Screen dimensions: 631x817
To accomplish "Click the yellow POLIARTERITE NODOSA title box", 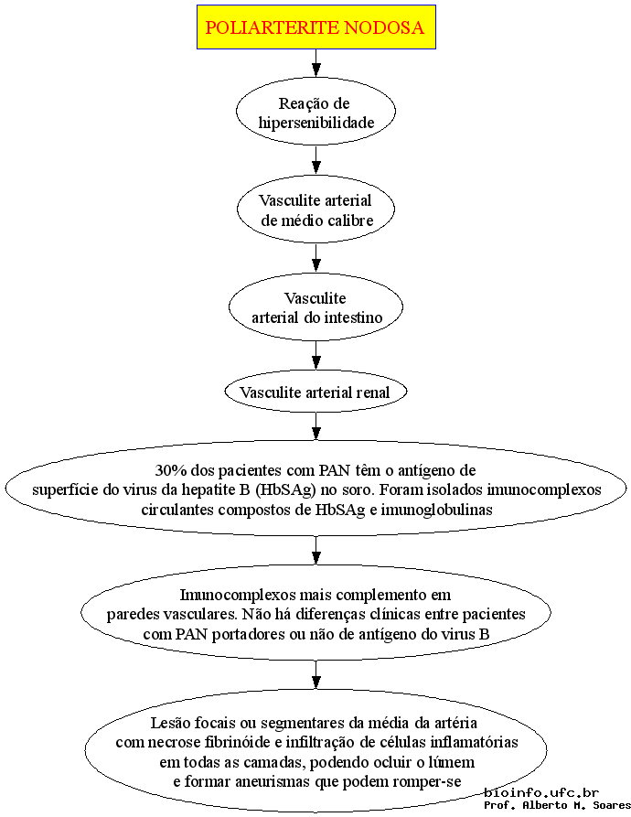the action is point(316,27).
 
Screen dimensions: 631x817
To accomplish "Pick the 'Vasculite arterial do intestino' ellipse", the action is point(316,306).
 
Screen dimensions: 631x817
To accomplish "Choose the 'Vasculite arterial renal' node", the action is point(316,392).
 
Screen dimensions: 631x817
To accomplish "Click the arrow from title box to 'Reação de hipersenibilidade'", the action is point(316,63).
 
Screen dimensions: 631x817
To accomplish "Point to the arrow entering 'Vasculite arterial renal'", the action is point(316,355).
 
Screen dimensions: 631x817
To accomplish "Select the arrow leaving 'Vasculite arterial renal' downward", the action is point(316,426).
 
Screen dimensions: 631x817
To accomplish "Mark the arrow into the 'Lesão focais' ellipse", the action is point(316,675).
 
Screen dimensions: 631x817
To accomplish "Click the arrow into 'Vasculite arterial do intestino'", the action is point(316,258).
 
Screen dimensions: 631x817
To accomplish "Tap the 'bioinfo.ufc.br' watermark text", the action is point(541,792).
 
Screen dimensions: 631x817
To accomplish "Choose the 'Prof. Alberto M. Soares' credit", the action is point(557,805).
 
